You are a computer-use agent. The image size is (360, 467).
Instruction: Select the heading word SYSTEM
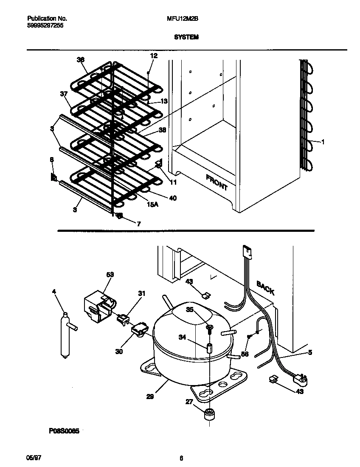[186, 37]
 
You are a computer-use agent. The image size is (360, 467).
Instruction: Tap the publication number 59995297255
[45, 25]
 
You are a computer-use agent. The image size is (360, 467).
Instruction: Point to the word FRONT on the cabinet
[217, 182]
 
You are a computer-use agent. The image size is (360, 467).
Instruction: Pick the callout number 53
[110, 275]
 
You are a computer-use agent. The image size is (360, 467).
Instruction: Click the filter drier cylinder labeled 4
[65, 335]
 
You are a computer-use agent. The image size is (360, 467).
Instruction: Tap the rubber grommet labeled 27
[208, 414]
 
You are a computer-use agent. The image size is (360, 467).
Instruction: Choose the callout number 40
[173, 198]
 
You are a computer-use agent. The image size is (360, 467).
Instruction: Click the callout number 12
[153, 56]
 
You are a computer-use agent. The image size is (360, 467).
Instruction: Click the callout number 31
[141, 293]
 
